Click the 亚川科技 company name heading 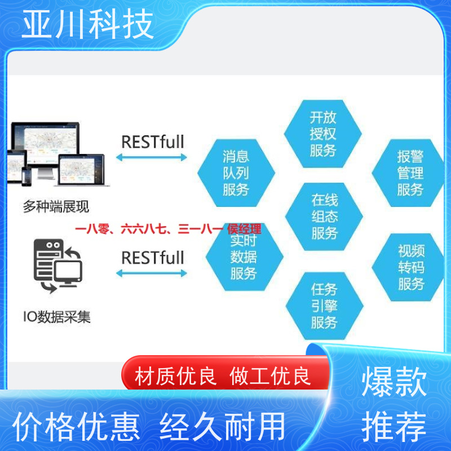(88, 24)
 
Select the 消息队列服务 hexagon (236, 173)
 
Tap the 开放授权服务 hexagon (322, 134)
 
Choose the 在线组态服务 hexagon (324, 216)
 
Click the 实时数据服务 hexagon (245, 257)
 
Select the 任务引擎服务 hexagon (325, 306)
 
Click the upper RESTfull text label (153, 142)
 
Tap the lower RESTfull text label (153, 258)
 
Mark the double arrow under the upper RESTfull (152, 157)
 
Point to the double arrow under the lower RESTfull (152, 273)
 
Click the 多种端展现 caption (56, 206)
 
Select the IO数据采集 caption (57, 317)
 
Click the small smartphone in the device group (26, 176)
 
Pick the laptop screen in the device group (81, 170)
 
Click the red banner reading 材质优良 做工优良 (225, 373)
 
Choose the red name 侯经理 (244, 229)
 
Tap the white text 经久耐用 (222, 427)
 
